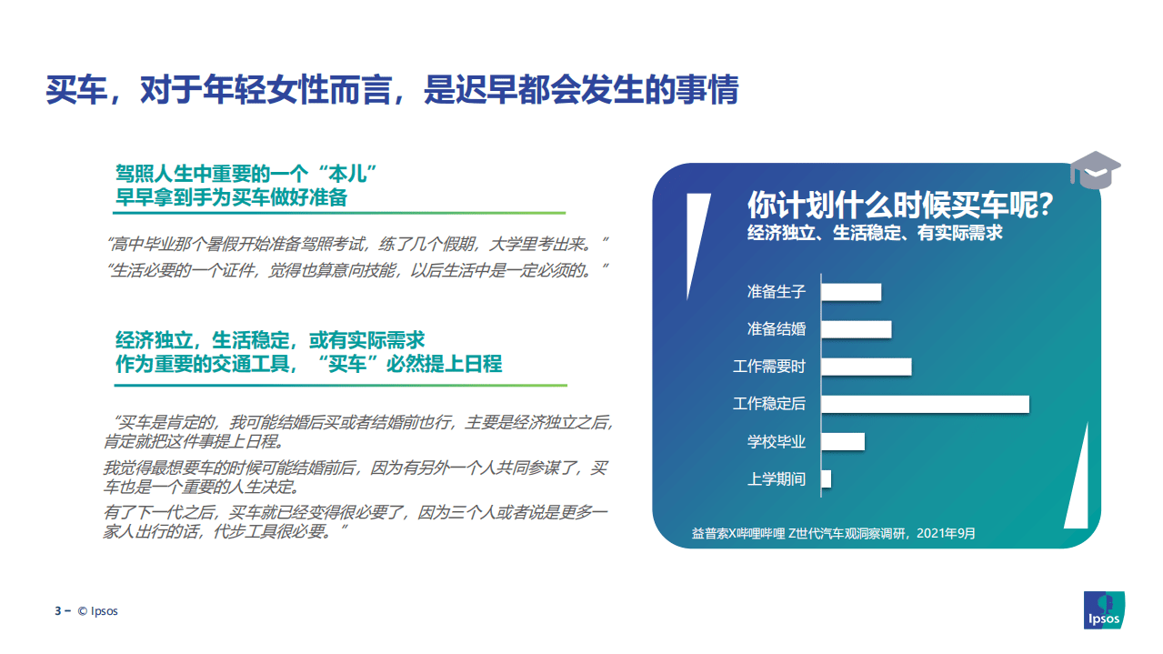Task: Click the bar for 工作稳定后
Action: coord(925,404)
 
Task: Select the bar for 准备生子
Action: coord(851,292)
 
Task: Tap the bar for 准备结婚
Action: coord(856,329)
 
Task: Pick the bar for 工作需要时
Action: coord(866,367)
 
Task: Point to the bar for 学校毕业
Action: coord(843,441)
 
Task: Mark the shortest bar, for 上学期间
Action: coord(827,478)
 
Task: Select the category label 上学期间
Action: coord(776,478)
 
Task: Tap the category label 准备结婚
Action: coord(776,329)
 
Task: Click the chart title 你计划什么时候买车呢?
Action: coord(900,204)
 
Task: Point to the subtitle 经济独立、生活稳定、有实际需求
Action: coord(875,233)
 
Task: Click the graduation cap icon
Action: coord(1094,170)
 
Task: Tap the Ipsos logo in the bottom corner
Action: coord(1104,609)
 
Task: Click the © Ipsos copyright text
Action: coord(97,610)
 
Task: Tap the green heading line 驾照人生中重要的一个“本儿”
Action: coord(246,173)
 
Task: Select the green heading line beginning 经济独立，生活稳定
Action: coord(270,340)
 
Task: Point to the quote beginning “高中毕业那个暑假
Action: coord(356,244)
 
